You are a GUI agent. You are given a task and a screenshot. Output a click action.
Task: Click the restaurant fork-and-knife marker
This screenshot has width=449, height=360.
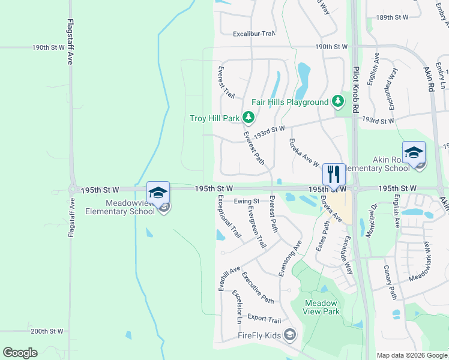[x=334, y=174]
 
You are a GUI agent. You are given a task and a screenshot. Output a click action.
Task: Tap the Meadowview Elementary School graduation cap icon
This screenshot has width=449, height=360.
[x=158, y=192]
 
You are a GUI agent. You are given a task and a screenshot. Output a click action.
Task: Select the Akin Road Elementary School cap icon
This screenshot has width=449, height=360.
[x=414, y=152]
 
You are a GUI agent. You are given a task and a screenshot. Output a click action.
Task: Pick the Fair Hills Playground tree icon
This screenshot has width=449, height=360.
[x=338, y=102]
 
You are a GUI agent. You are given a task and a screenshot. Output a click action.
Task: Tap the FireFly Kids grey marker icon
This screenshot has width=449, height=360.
[x=290, y=334]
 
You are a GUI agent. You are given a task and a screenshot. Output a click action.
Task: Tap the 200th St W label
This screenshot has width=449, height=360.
[x=47, y=331]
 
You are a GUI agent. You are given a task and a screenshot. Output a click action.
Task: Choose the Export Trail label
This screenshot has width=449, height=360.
[x=264, y=320]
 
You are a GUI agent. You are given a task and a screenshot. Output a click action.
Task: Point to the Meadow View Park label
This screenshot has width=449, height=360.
[x=322, y=307]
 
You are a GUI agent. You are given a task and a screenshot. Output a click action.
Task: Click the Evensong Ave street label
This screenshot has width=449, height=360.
[x=290, y=259]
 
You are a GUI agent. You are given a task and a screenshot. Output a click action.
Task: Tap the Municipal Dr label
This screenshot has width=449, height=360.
[x=371, y=220]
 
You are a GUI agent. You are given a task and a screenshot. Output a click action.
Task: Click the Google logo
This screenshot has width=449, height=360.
[x=20, y=353]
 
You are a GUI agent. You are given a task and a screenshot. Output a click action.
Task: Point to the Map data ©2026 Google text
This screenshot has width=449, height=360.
[x=411, y=355]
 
